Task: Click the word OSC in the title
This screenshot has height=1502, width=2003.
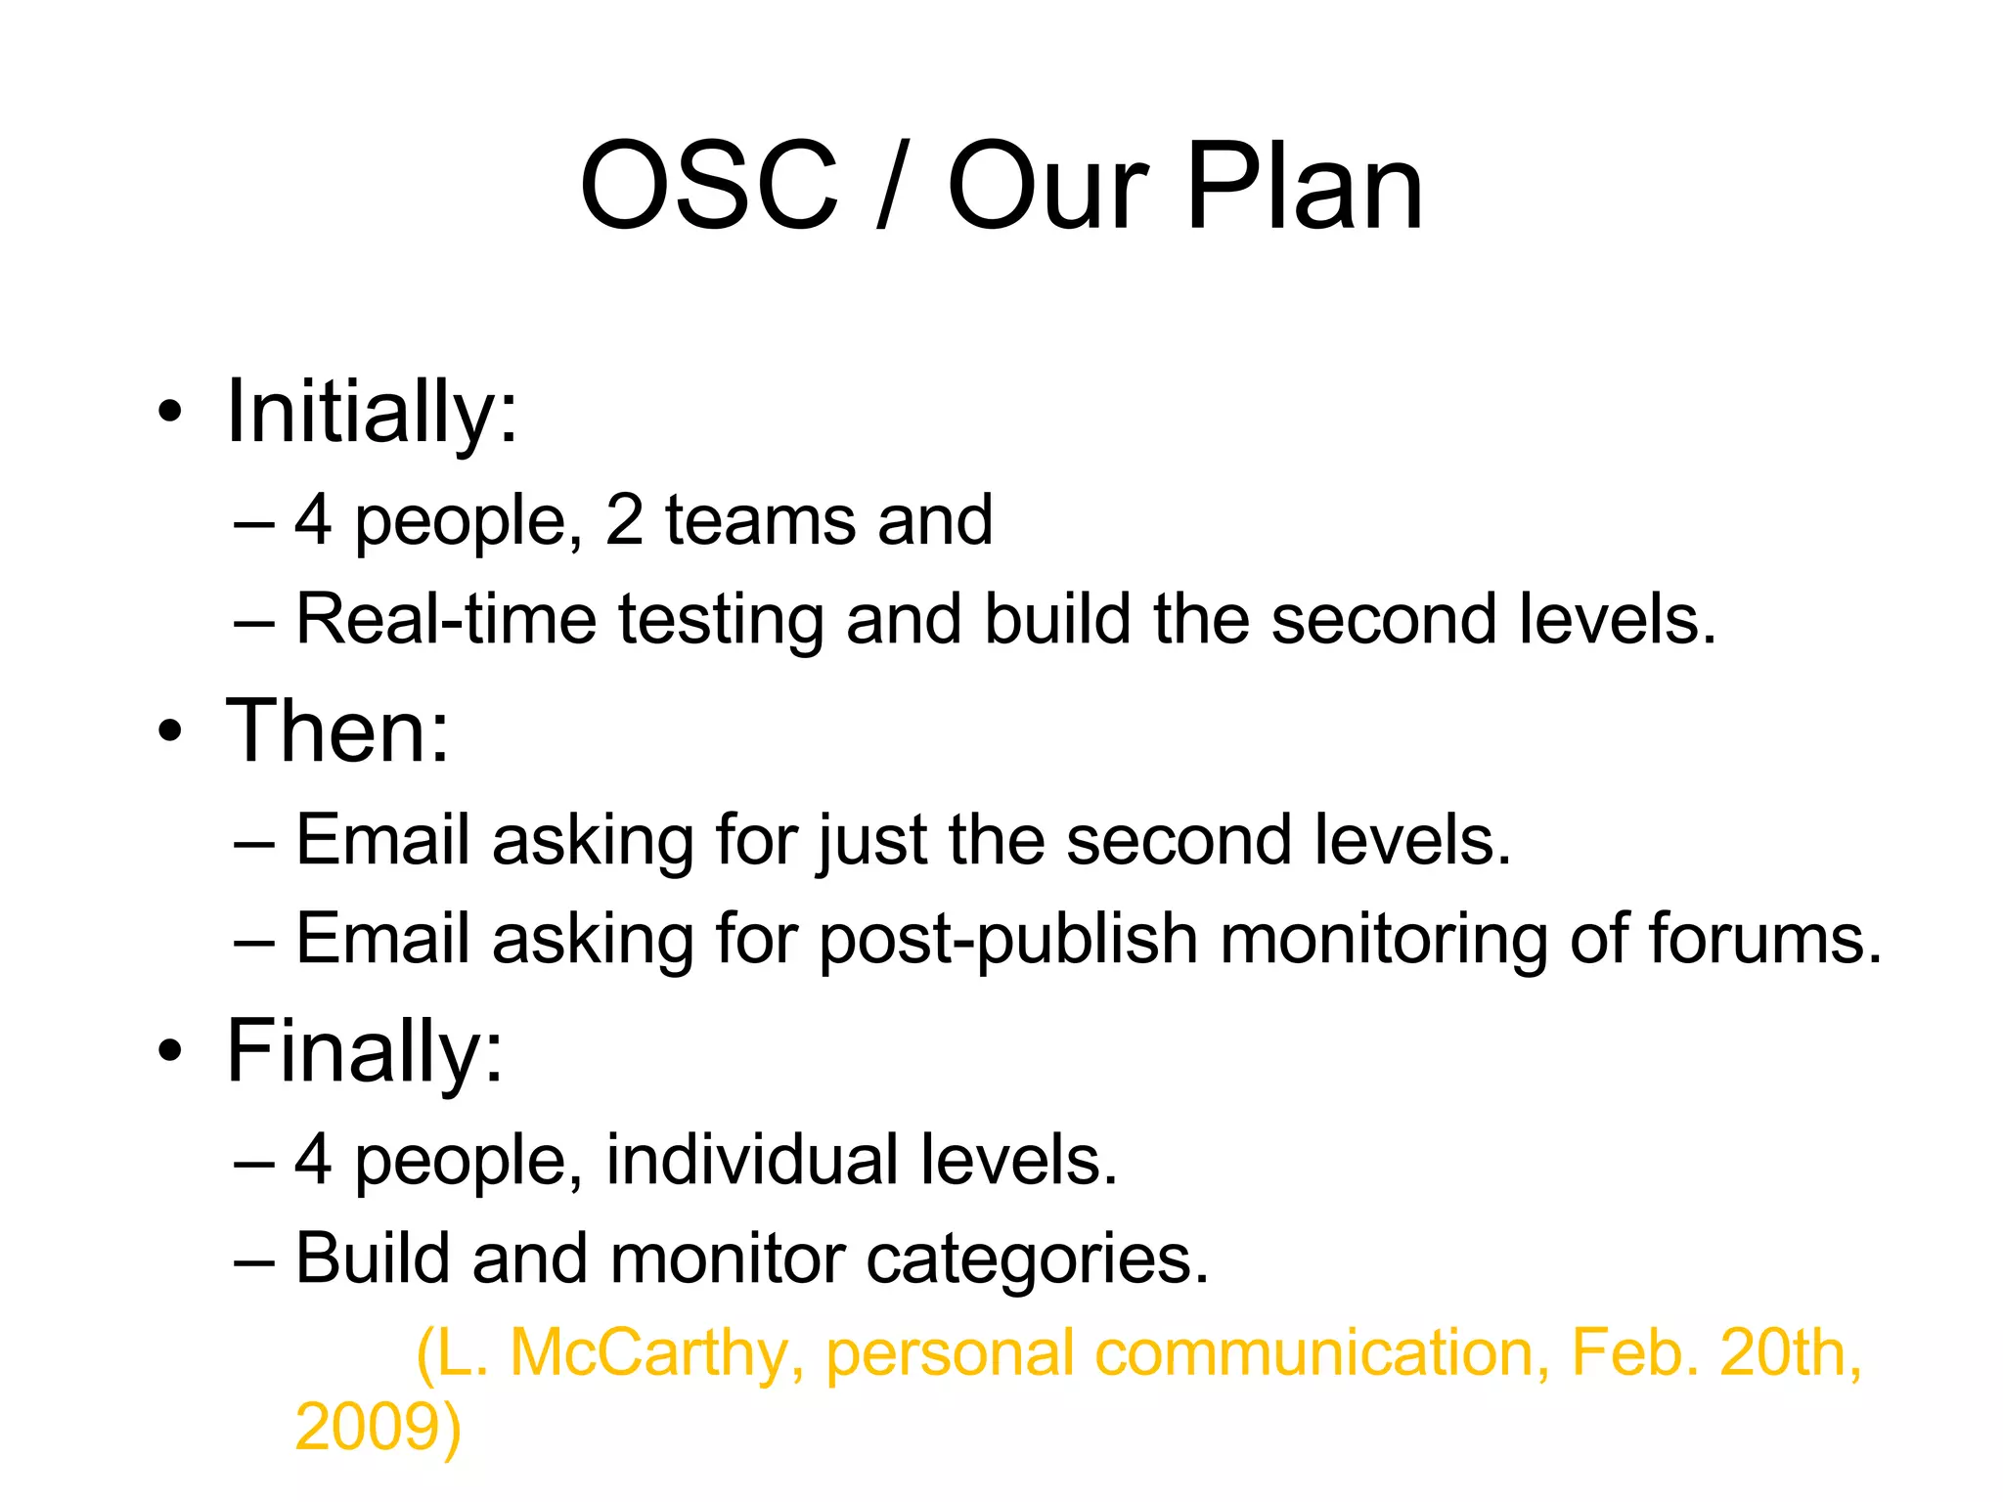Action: [709, 186]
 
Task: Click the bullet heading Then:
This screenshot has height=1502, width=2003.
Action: [337, 731]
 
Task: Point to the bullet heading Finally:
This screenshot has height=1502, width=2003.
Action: [364, 1051]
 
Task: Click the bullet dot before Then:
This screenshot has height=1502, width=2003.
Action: [170, 731]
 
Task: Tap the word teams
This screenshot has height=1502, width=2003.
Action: [761, 520]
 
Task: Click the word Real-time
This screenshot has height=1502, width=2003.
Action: [446, 621]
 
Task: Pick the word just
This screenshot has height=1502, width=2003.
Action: [873, 841]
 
